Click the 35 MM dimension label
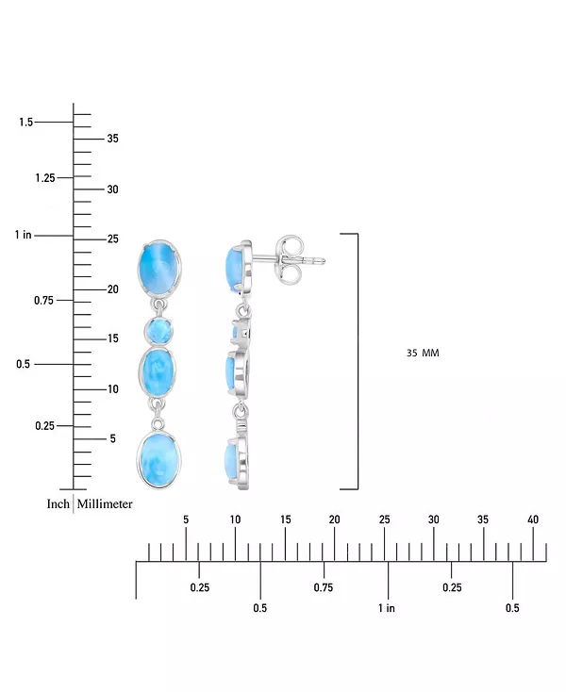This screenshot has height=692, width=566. click(423, 353)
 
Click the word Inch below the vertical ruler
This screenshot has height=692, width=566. click(58, 504)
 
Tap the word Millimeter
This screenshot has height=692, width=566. click(105, 504)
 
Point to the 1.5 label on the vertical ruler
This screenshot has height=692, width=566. click(26, 122)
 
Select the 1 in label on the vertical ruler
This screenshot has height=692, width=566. click(24, 235)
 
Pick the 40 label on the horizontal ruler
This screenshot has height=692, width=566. click(533, 519)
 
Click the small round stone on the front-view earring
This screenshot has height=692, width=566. click(158, 331)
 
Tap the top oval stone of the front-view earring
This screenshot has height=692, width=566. click(159, 268)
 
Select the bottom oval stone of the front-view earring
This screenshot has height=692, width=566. click(158, 460)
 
